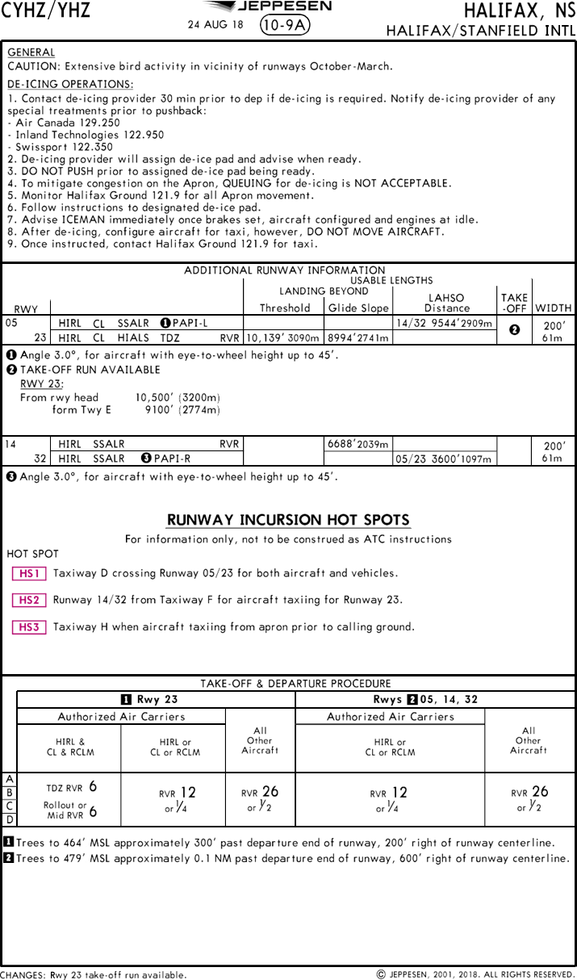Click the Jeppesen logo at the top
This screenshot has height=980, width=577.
pos(287,6)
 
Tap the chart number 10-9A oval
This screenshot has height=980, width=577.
pos(286,25)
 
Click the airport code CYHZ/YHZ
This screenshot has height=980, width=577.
pos(45,10)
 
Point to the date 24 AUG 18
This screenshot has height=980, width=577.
pos(215,25)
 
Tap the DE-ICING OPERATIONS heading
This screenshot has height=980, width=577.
pos(70,84)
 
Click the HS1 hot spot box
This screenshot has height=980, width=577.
pos(29,574)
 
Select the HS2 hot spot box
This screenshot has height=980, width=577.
pos(29,601)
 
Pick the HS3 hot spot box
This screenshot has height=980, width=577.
pos(29,627)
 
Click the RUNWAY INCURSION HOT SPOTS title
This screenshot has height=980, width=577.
pos(288,520)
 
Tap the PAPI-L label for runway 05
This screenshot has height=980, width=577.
pos(190,323)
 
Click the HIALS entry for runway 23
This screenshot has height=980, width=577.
pos(132,338)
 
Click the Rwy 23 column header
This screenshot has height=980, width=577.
pos(157,699)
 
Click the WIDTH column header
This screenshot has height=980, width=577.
pos(553,308)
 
